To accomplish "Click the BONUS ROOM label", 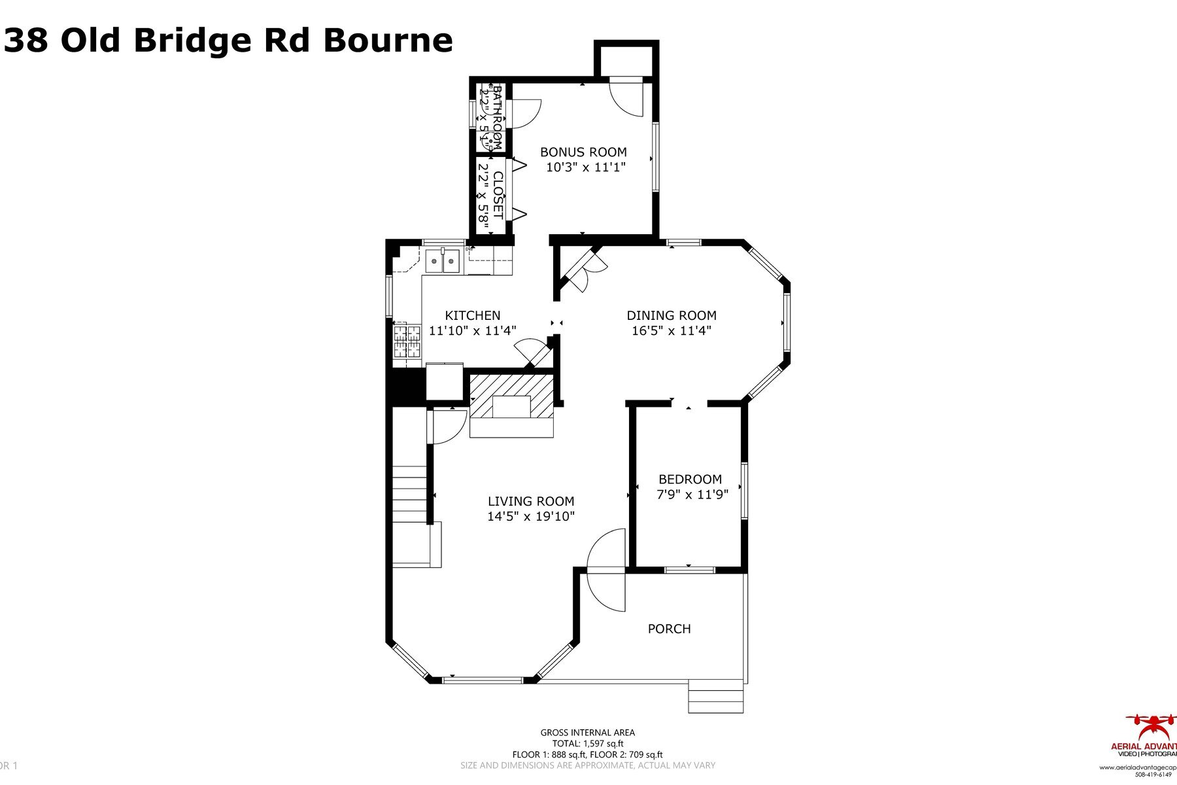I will pos(583,152).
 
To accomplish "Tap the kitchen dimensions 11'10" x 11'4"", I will pos(472,331).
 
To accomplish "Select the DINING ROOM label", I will pos(672,315).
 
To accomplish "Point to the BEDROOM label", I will pos(690,479).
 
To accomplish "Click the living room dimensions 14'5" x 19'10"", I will pos(530,517).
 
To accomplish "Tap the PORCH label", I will pos(669,629).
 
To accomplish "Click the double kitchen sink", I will pos(443,261).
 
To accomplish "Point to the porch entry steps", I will pos(715,697).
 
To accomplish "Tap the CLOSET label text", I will pos(498,195).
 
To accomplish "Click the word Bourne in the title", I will pos(388,41).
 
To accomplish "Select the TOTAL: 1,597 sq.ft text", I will pos(587,744).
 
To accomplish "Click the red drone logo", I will pos(1151,726).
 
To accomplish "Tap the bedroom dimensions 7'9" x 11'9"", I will pos(692,495).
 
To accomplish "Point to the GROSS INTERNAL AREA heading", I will pos(587,733).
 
